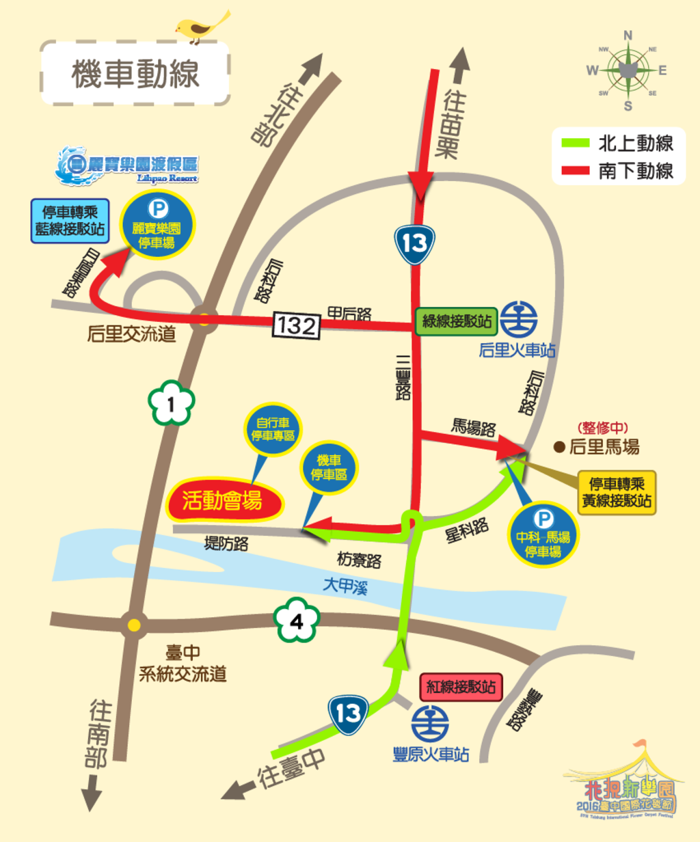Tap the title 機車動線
click(x=135, y=73)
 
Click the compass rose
click(x=628, y=70)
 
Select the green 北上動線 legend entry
click(x=617, y=144)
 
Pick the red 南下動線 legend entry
click(x=617, y=171)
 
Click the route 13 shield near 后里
click(x=414, y=244)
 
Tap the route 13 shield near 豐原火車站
click(x=348, y=714)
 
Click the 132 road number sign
click(x=297, y=325)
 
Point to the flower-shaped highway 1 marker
click(x=171, y=404)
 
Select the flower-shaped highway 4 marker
click(x=297, y=621)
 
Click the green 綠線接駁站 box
click(x=457, y=321)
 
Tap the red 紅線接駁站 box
click(x=461, y=687)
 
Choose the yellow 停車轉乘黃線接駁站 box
click(x=617, y=492)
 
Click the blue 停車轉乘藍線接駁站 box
click(x=70, y=221)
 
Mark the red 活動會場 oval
click(x=223, y=501)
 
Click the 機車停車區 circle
click(x=329, y=467)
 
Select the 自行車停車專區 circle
click(x=273, y=429)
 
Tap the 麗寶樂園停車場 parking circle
click(x=157, y=226)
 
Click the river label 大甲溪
click(x=346, y=586)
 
